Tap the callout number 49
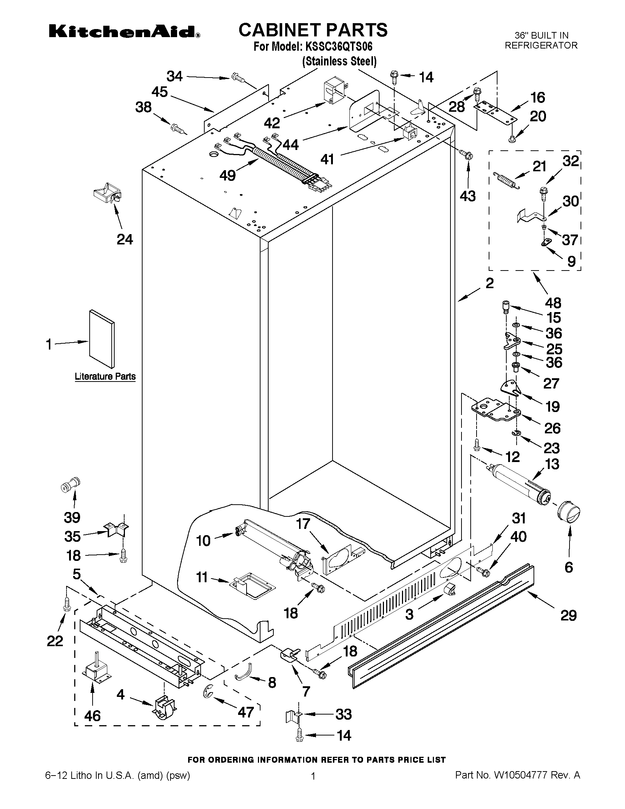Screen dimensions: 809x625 coord(227,175)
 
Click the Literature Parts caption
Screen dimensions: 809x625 coord(105,376)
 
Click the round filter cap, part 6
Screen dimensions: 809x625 coord(568,513)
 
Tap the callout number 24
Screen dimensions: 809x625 coord(125,239)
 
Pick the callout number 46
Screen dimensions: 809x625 coord(92,716)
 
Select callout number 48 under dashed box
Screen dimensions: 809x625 coord(553,303)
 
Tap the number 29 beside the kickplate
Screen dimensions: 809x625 coord(568,615)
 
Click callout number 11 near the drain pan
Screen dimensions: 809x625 coord(202,577)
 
